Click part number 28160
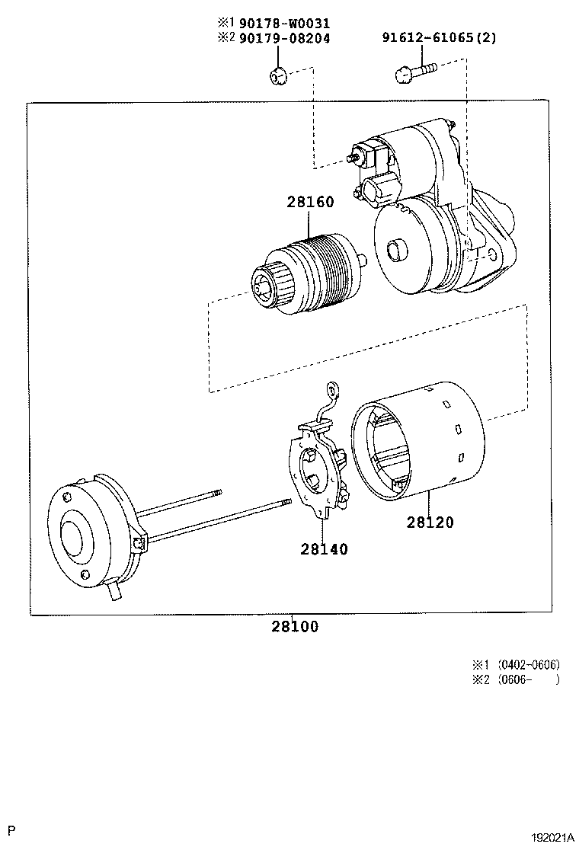[x=310, y=203]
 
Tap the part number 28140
[x=324, y=548]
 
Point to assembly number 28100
[x=294, y=627]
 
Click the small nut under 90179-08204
[x=277, y=75]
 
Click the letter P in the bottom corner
[x=11, y=828]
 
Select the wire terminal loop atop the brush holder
[x=332, y=390]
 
